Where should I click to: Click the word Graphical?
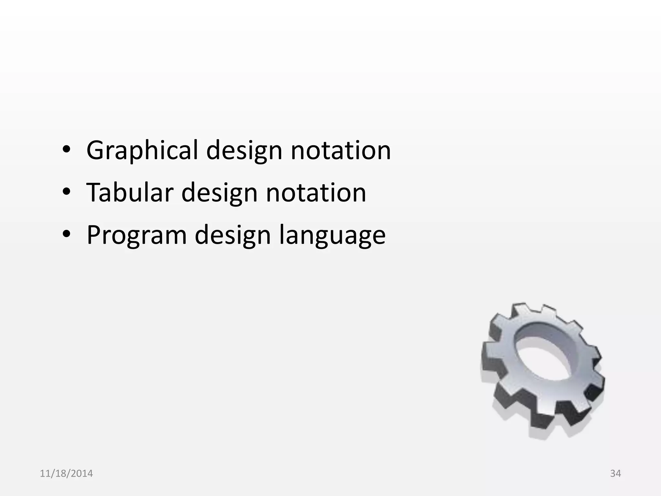pyautogui.click(x=142, y=150)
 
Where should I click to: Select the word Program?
pyautogui.click(x=137, y=235)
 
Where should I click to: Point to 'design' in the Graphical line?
pyautogui.click(x=244, y=150)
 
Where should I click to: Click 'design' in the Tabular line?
pyautogui.click(x=219, y=192)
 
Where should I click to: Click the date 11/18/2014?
pyautogui.click(x=66, y=473)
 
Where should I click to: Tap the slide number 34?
pyautogui.click(x=615, y=473)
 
